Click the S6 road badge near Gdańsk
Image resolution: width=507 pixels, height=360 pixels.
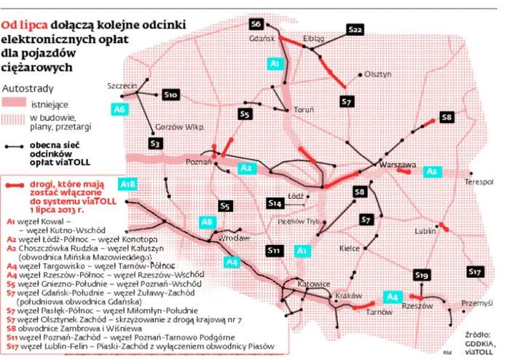click(x=256, y=23)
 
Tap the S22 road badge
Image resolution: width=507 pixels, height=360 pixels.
click(x=355, y=29)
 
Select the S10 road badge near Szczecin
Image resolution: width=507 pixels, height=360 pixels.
click(x=170, y=95)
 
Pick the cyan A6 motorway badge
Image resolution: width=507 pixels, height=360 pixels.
click(x=120, y=109)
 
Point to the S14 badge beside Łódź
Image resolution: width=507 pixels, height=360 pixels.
click(x=275, y=203)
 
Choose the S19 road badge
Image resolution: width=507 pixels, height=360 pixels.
click(x=421, y=275)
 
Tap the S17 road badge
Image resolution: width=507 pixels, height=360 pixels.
click(x=475, y=272)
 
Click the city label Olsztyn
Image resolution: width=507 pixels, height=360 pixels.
click(x=378, y=74)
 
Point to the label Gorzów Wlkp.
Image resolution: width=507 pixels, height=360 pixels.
click(x=178, y=126)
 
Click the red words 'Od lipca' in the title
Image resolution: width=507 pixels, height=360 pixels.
click(x=20, y=23)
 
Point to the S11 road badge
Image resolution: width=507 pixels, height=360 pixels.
click(x=275, y=251)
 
